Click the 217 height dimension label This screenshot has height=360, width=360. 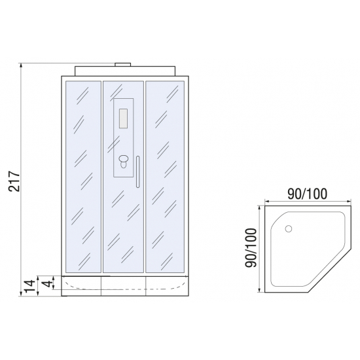point(14,181)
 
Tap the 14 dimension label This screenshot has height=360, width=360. point(30,286)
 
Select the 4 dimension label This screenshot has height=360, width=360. point(47,283)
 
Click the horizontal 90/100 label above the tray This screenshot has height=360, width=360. point(307,194)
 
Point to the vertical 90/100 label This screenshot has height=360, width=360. point(250,248)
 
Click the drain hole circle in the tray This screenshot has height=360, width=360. point(289,228)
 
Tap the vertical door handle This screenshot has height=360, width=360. point(137,172)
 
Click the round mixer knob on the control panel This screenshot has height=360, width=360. point(124,159)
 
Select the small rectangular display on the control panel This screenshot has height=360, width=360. point(123,118)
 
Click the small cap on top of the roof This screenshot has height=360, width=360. point(123,64)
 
